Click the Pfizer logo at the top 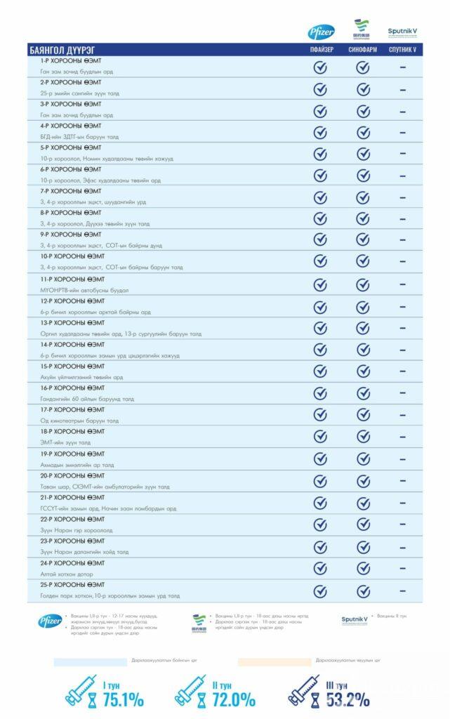tap(322, 32)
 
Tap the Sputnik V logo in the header tap(402, 32)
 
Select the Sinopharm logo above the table tap(362, 30)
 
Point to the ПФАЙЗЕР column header tap(322, 50)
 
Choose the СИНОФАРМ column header tap(362, 50)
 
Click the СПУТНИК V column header tap(402, 50)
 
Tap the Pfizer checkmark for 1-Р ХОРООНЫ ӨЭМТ tap(320, 67)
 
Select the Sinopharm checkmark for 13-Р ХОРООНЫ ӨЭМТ tap(363, 328)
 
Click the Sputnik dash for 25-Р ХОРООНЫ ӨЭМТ tap(403, 591)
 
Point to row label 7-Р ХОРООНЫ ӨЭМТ tap(70, 191)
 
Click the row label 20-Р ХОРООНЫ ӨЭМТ tap(72, 475)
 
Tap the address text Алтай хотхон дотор tap(67, 574)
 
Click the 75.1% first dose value tap(123, 699)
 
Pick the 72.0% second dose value tap(234, 699)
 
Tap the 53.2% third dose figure tap(347, 699)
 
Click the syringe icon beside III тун tap(304, 690)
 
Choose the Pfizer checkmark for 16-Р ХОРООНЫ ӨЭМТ tap(320, 393)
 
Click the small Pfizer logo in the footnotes tap(49, 621)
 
